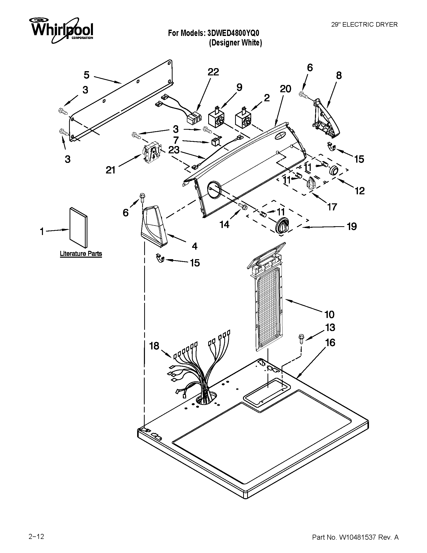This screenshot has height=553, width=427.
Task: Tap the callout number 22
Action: point(213,72)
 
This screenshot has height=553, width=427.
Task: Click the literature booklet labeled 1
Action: point(79,227)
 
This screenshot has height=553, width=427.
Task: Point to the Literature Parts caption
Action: point(81,253)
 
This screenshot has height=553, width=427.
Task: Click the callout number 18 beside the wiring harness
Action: point(154,346)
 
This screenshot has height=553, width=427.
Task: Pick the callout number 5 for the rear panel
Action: point(86,75)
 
